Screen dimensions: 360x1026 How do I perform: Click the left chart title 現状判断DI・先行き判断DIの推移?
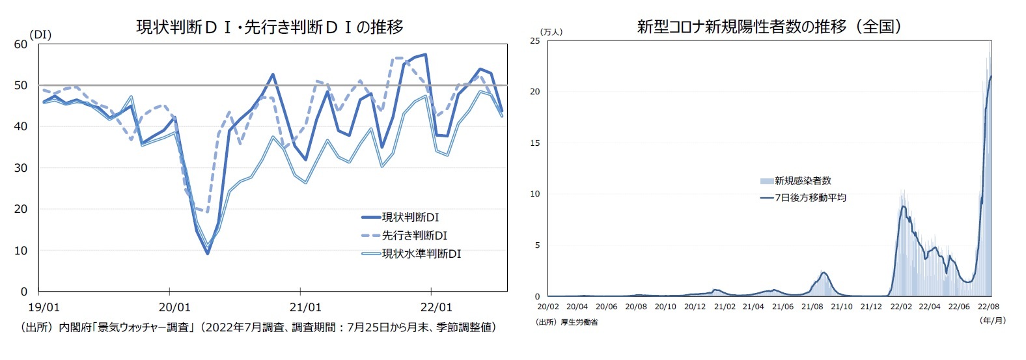click(269, 27)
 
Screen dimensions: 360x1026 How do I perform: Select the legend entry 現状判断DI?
click(410, 217)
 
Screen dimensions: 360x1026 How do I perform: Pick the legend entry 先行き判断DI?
click(414, 236)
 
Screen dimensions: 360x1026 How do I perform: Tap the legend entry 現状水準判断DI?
click(421, 254)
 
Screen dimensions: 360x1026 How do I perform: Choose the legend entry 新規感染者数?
click(803, 181)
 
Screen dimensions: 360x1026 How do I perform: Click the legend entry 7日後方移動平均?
click(810, 197)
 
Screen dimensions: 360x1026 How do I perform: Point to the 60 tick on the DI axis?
click(20, 44)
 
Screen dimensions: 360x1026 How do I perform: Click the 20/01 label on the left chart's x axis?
click(174, 307)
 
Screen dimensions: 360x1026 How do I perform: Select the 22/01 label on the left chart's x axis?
click(436, 307)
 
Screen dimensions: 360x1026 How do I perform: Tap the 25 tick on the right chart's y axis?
click(535, 41)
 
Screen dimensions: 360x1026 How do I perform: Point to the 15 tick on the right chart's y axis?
click(535, 143)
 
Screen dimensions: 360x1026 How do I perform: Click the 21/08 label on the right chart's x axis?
click(812, 307)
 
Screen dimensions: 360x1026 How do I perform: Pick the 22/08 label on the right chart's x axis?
click(988, 307)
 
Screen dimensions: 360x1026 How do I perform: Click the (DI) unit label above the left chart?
click(40, 35)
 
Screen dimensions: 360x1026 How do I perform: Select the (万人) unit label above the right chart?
click(551, 32)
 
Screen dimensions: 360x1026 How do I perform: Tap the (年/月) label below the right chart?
click(992, 320)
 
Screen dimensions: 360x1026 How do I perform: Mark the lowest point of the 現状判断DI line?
click(208, 253)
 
